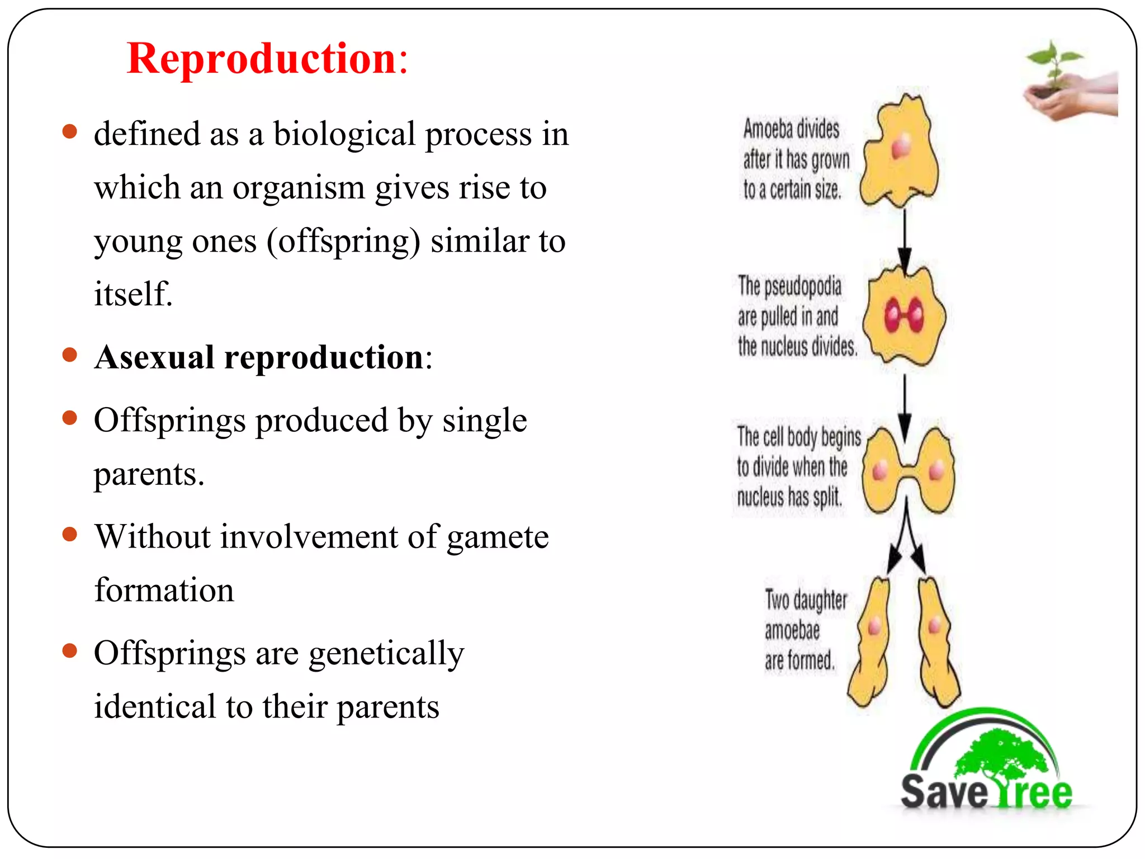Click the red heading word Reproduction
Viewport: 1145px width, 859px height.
262,59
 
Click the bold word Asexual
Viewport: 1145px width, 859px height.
154,357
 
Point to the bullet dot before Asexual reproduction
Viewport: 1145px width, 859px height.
69,356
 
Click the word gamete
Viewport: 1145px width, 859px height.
497,537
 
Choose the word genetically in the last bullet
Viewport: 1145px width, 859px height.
386,654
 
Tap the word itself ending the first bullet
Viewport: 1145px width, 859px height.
133,295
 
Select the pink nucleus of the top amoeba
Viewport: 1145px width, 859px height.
901,147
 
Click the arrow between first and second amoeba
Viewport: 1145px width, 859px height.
905,238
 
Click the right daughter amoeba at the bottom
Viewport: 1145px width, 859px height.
938,643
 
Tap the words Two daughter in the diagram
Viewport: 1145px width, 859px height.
806,601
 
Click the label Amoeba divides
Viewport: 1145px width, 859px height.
791,130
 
